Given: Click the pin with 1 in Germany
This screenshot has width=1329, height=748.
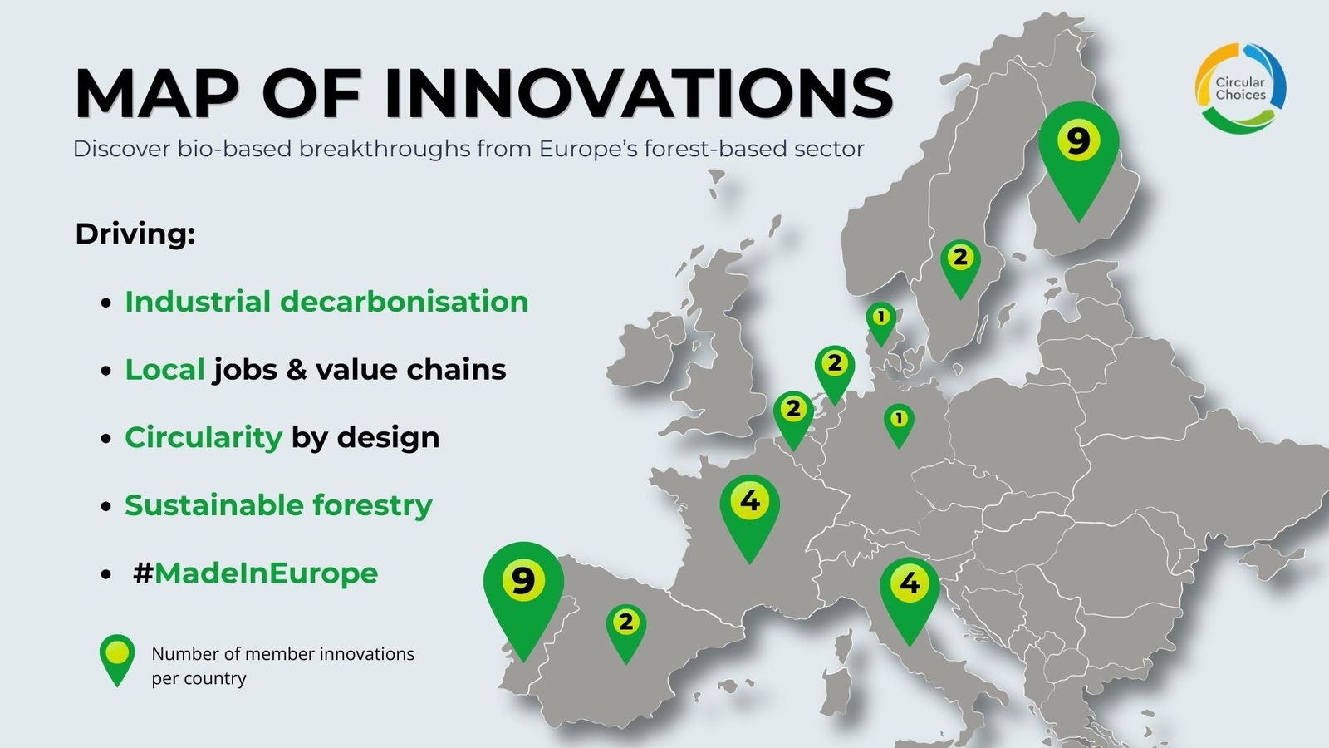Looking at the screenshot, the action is (x=899, y=423).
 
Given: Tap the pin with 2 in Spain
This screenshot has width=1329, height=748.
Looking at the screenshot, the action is (x=626, y=629).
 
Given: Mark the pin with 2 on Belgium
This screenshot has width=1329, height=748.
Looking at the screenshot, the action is (x=793, y=416).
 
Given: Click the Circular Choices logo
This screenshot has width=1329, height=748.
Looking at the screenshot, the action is (x=1240, y=89).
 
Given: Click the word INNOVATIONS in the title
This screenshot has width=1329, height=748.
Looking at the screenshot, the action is (x=639, y=94).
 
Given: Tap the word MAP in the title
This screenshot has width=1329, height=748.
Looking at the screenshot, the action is (x=157, y=94).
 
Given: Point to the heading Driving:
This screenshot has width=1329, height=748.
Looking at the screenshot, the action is (x=135, y=234).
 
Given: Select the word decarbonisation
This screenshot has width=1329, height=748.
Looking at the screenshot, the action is (x=404, y=302).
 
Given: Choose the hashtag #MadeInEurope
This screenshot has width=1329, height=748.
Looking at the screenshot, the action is (x=255, y=573).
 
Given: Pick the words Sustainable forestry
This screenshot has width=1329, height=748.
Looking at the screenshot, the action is (x=278, y=506).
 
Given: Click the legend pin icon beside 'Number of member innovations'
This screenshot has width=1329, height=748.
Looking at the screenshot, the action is (x=117, y=659).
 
